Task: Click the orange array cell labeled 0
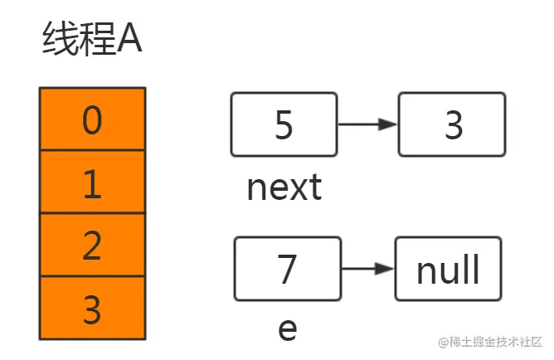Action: pyautogui.click(x=93, y=119)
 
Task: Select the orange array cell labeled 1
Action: pyautogui.click(x=93, y=182)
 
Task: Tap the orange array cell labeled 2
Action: pyautogui.click(x=93, y=245)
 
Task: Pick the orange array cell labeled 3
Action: pyautogui.click(x=93, y=308)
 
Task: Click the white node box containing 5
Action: pyautogui.click(x=284, y=124)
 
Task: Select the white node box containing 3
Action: pyautogui.click(x=452, y=124)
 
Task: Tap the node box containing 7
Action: pyautogui.click(x=288, y=269)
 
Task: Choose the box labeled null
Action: pyautogui.click(x=449, y=269)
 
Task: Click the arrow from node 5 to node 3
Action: pyautogui.click(x=367, y=124)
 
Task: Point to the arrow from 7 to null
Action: pyautogui.click(x=367, y=269)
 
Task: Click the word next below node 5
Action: pyautogui.click(x=284, y=187)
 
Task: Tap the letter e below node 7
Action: pyautogui.click(x=288, y=329)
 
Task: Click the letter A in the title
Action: pyautogui.click(x=129, y=39)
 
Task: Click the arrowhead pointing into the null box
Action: pyautogui.click(x=385, y=269)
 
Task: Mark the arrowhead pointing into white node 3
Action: pyautogui.click(x=388, y=124)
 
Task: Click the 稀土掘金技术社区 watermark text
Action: pyautogui.click(x=496, y=342)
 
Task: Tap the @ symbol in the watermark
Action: pyautogui.click(x=444, y=342)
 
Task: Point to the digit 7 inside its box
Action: pyautogui.click(x=287, y=269)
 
